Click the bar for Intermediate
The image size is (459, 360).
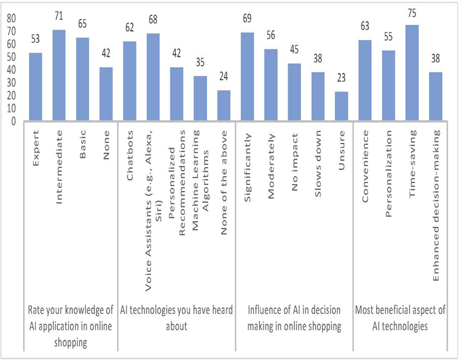pyautogui.click(x=59, y=76)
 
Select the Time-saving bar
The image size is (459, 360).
pyautogui.click(x=411, y=73)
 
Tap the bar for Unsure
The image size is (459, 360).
pyautogui.click(x=341, y=107)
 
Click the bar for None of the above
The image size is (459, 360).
pyautogui.click(x=224, y=106)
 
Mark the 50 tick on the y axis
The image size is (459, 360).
pyautogui.click(x=11, y=57)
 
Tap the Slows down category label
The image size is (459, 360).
pyautogui.click(x=318, y=152)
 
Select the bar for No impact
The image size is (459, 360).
pyautogui.click(x=294, y=92)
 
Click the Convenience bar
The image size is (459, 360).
pyautogui.click(x=364, y=81)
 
